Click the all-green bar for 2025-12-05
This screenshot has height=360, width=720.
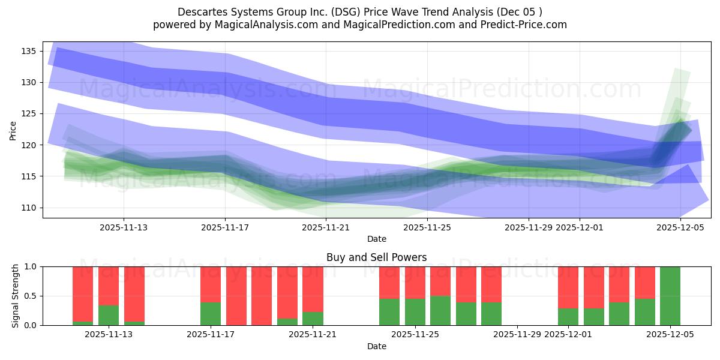pyautogui.click(x=670, y=296)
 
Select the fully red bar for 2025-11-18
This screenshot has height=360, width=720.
pyautogui.click(x=236, y=296)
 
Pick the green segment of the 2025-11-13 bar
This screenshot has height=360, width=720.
pyautogui.click(x=109, y=316)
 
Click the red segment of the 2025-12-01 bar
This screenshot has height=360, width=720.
pyautogui.click(x=568, y=287)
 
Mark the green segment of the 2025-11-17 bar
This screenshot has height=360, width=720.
pyautogui.click(x=211, y=314)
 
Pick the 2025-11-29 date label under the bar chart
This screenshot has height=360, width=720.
pyautogui.click(x=517, y=335)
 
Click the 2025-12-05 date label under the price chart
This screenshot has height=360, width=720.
pyautogui.click(x=680, y=227)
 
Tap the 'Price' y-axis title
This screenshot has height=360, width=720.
pyautogui.click(x=13, y=130)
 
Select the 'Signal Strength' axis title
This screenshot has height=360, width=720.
pyautogui.click(x=16, y=296)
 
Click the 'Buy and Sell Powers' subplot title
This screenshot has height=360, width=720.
pyautogui.click(x=376, y=257)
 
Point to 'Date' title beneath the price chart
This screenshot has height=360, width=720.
pyautogui.click(x=376, y=239)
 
